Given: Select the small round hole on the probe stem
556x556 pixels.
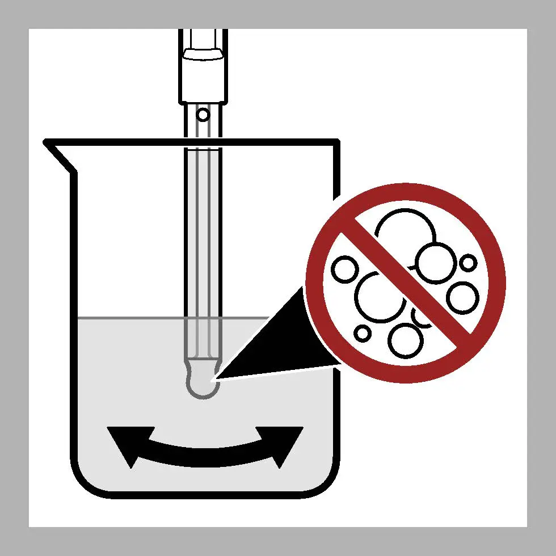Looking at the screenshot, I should (203, 115).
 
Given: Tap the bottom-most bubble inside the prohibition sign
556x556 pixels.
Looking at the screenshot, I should (406, 340).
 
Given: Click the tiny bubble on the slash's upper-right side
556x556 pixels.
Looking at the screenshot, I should (468, 263).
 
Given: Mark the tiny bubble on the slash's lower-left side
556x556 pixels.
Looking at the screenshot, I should (362, 332).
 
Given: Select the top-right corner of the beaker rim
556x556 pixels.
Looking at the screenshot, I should (337, 142).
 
